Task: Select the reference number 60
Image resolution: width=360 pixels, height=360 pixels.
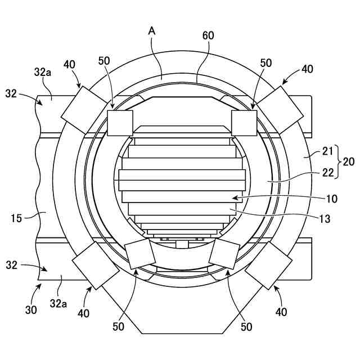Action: [x=208, y=35]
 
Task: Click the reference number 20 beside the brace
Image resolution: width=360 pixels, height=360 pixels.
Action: [x=348, y=161]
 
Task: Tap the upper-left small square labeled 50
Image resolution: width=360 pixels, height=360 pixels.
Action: [x=120, y=123]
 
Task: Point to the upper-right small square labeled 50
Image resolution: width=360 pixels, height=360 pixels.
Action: [x=244, y=123]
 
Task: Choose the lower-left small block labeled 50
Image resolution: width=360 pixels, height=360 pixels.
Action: [x=141, y=254]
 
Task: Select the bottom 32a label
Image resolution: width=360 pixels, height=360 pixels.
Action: [x=58, y=304]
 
